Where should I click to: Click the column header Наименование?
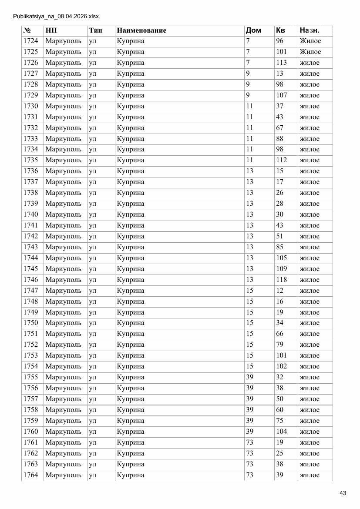click(141, 30)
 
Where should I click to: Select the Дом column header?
click(253, 30)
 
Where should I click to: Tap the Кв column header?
click(280, 30)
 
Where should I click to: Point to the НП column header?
click(51, 30)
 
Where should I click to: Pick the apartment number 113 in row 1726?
click(281, 63)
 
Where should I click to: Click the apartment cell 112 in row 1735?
click(281, 161)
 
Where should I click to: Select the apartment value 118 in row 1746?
click(281, 280)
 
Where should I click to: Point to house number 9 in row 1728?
click(248, 84)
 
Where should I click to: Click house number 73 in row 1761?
click(249, 442)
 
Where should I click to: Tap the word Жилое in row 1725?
click(310, 52)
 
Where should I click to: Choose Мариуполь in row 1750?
click(63, 323)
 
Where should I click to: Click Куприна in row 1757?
click(130, 399)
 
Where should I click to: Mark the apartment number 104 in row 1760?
click(281, 432)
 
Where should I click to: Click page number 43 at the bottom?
click(343, 493)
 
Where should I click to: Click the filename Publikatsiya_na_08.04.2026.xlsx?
click(56, 17)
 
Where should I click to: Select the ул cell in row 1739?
click(92, 204)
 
